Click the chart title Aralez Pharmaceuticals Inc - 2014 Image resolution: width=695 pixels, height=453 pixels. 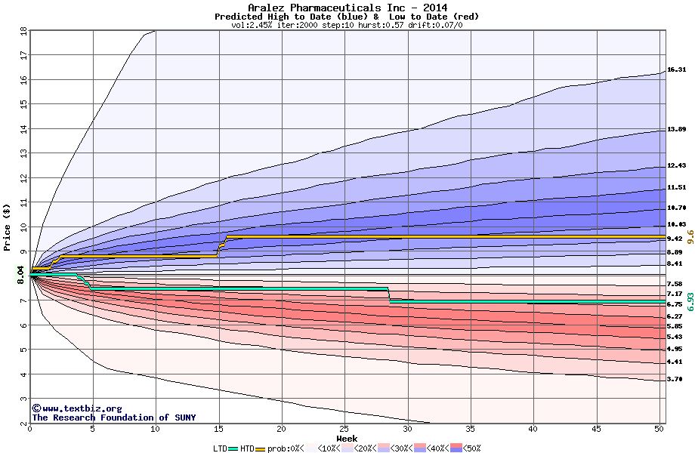point(347,8)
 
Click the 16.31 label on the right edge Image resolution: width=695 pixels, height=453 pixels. point(676,70)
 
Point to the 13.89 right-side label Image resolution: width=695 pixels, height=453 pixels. point(676,130)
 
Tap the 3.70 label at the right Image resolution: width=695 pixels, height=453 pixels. point(676,380)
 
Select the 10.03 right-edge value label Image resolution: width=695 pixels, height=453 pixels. point(676,225)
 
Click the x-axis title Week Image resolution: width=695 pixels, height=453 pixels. point(347,438)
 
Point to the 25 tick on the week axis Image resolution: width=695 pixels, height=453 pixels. point(344,429)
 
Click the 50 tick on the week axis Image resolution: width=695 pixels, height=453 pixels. point(659,429)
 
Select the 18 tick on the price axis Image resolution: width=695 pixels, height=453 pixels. point(23,32)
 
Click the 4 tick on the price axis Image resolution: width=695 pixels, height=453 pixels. point(23,374)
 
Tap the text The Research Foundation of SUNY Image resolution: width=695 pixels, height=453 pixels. point(113,418)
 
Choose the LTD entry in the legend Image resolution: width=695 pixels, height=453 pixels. point(220,448)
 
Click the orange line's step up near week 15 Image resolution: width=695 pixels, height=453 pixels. point(221,247)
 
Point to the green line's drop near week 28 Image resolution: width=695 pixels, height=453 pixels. point(389,295)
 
